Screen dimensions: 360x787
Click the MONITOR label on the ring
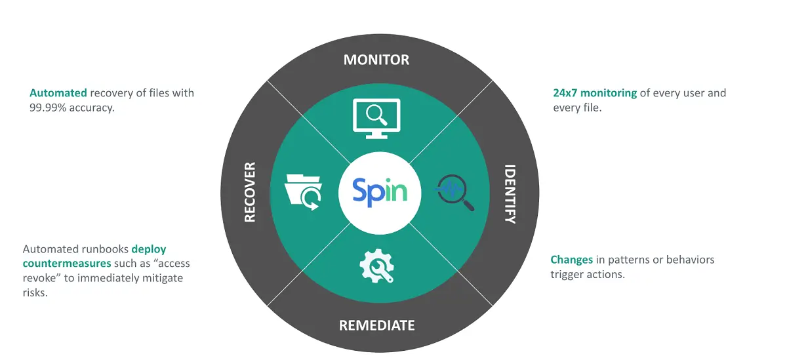pyautogui.click(x=376, y=60)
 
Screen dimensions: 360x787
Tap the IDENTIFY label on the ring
pyautogui.click(x=510, y=194)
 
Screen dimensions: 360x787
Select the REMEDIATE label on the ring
pyautogui.click(x=376, y=325)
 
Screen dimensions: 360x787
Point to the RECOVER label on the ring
pyautogui.click(x=249, y=192)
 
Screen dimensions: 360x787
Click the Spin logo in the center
pyautogui.click(x=380, y=191)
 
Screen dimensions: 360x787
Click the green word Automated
pyautogui.click(x=58, y=93)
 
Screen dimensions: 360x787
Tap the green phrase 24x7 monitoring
pyautogui.click(x=595, y=93)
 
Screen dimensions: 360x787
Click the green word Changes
pyautogui.click(x=572, y=260)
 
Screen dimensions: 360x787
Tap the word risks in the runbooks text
pyautogui.click(x=35, y=292)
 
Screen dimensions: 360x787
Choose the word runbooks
pyautogui.click(x=104, y=249)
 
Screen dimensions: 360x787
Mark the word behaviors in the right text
pyautogui.click(x=687, y=260)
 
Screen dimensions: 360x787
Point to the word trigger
pyautogui.click(x=567, y=274)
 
